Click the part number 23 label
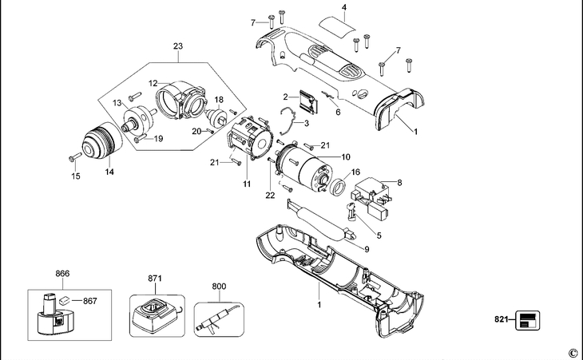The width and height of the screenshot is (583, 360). tap(178, 46)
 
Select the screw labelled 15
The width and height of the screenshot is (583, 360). tap(75, 157)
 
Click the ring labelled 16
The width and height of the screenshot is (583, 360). tap(339, 187)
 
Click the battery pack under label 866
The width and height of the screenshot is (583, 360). tap(51, 315)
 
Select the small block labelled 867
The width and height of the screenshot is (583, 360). tap(65, 299)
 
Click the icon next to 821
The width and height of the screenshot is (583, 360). tap(527, 320)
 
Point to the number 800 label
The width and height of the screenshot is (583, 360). tap(219, 286)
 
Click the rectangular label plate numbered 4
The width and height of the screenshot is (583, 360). tap(338, 26)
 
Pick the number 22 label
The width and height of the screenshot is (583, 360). tap(270, 195)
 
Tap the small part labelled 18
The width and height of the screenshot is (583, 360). tap(216, 117)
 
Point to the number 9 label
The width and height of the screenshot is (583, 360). tap(367, 249)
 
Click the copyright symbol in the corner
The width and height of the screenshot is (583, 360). tap(573, 352)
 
